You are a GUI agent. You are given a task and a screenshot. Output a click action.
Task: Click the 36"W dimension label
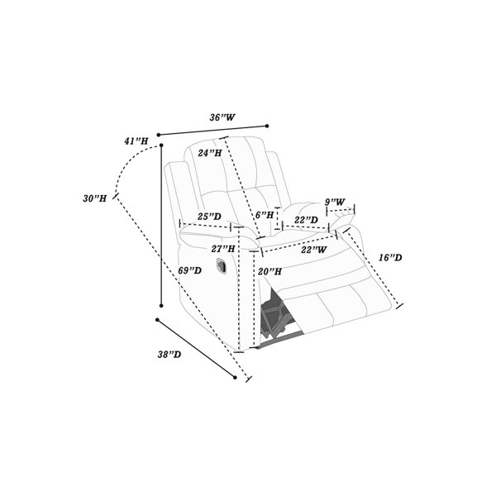tap(222, 117)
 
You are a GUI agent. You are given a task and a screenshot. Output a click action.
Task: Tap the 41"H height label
tap(136, 141)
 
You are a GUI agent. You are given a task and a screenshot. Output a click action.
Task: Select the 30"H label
tap(94, 198)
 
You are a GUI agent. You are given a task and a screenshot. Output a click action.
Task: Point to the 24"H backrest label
tap(210, 153)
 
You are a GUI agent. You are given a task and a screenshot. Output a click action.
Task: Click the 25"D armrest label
tap(209, 217)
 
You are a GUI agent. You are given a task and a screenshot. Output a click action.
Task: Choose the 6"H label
tap(265, 216)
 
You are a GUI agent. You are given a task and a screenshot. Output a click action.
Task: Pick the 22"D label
tap(306, 220)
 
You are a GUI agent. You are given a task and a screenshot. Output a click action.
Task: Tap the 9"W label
tap(335, 202)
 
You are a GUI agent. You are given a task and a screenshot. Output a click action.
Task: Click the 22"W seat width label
tap(313, 250)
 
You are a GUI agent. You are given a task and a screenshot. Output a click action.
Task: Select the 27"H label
tap(223, 249)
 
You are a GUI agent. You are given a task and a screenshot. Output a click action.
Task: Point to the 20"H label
tap(269, 271)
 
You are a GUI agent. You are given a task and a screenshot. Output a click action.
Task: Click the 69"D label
tap(190, 270)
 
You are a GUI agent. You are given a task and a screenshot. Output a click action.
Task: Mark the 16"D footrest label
tap(390, 258)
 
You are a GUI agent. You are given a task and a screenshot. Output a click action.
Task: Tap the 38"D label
tap(169, 355)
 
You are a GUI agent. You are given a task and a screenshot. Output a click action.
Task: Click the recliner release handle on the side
tap(222, 265)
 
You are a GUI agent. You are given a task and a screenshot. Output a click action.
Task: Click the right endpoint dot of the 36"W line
tap(267, 126)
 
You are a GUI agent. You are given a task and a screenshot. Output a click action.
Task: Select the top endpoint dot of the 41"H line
tap(161, 145)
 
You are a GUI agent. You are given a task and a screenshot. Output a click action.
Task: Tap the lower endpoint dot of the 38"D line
tap(235, 378)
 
